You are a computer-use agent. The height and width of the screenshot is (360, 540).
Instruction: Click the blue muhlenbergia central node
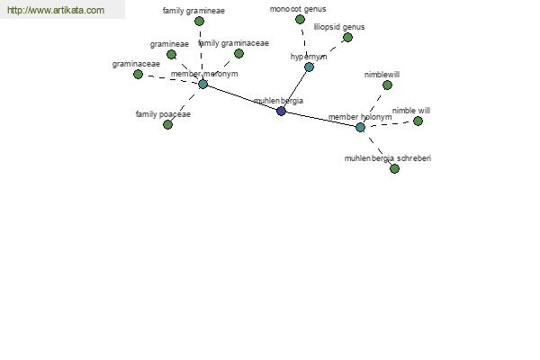281,111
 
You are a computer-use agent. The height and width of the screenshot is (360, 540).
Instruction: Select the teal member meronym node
202,84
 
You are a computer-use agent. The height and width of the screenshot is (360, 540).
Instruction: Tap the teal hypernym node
309,67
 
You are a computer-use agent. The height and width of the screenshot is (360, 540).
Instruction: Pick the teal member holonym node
360,127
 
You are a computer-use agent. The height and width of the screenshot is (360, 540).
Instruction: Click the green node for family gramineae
199,22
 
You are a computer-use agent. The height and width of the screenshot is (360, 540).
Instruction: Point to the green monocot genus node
300,19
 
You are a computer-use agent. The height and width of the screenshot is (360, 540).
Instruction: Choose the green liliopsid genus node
347,37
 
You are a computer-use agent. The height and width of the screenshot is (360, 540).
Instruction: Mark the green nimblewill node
387,85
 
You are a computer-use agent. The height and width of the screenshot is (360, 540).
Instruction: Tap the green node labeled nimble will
418,121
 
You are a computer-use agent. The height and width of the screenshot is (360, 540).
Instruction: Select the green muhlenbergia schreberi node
395,168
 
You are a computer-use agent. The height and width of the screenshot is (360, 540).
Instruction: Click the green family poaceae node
167,124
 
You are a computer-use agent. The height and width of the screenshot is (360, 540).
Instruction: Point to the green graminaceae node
138,74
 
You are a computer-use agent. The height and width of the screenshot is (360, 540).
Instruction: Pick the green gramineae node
171,54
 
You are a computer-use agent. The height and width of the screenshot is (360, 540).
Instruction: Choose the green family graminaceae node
238,53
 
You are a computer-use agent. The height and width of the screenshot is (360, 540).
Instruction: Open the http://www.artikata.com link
56,10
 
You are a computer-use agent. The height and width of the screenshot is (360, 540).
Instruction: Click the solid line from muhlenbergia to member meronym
242,97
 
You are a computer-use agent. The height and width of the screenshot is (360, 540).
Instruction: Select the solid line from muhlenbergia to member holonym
320,119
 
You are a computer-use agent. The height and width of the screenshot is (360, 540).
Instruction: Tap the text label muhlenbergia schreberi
388,158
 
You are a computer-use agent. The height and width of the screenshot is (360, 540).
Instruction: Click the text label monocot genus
298,9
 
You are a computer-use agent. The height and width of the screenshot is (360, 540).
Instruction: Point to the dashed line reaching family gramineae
201,52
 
